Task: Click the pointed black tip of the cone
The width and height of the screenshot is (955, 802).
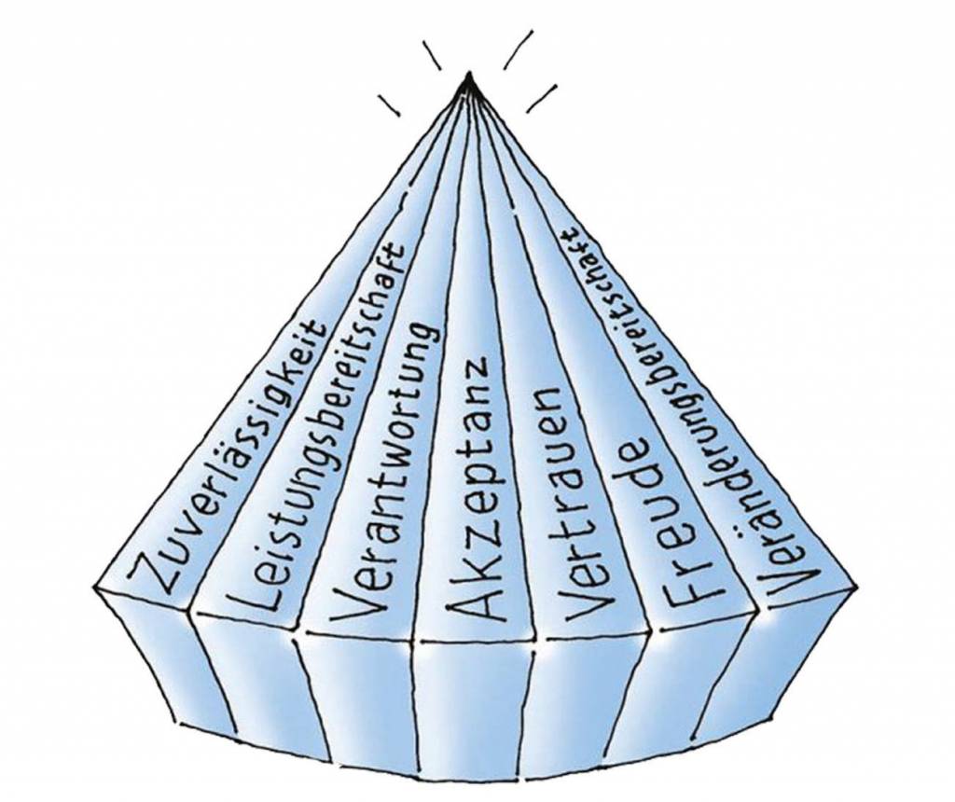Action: pyautogui.click(x=469, y=81)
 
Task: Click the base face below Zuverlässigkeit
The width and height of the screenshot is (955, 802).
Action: pyautogui.click(x=168, y=653)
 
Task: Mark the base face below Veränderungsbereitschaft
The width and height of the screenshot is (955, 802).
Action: pyautogui.click(x=793, y=643)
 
